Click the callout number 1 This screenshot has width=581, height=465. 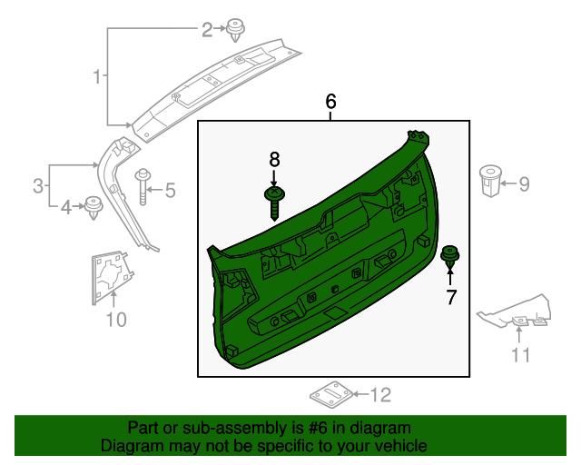tap(97, 77)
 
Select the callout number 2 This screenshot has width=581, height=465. tap(207, 31)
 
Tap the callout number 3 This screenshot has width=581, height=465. tap(38, 187)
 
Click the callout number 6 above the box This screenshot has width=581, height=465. tap(331, 102)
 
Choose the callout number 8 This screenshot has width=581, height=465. tap(275, 160)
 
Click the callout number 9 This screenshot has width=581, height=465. tap(523, 184)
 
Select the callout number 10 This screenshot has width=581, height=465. tap(116, 319)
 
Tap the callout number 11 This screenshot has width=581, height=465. tap(520, 353)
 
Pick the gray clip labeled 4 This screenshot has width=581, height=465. tap(94, 208)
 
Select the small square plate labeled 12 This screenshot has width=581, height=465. tap(330, 395)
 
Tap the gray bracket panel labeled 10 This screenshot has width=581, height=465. tap(111, 276)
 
